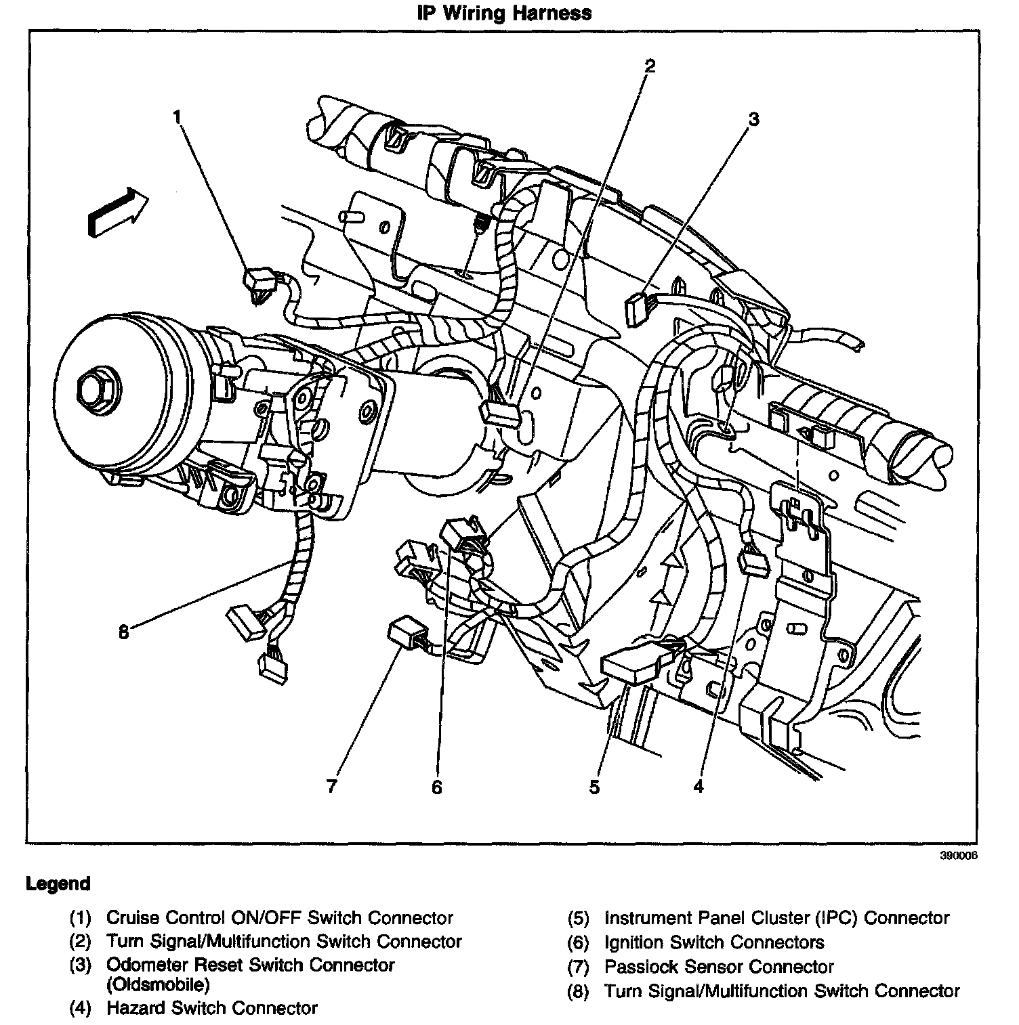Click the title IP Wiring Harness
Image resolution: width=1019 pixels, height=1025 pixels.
coord(504,13)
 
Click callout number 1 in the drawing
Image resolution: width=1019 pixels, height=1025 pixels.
coord(178,118)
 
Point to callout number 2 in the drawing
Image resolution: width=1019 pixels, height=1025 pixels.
coord(650,66)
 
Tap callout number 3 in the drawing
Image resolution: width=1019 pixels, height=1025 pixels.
coord(753,120)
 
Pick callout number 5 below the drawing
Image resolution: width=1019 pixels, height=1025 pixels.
coord(594,787)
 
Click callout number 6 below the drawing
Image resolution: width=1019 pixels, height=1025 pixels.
coord(437,787)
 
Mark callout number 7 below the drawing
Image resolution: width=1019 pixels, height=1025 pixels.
coord(331,786)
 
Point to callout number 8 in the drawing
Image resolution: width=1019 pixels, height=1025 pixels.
coord(123,632)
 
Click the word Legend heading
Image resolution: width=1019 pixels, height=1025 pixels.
coord(58,884)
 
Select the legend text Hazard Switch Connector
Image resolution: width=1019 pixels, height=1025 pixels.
coord(212,1008)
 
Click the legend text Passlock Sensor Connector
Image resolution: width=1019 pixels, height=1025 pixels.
coord(719,967)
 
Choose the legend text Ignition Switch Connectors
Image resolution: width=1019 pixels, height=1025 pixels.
coord(714,942)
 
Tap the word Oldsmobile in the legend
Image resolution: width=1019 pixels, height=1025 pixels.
coord(158,984)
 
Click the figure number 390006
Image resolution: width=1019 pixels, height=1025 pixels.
coord(958,855)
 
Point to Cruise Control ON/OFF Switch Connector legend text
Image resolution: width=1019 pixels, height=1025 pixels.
coord(280,918)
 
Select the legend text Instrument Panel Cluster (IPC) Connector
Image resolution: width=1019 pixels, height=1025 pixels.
coord(776,918)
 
